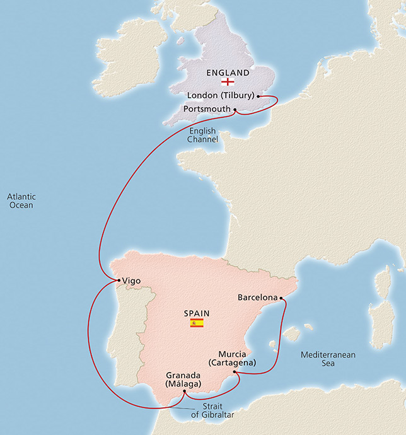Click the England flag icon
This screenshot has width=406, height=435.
(228, 82)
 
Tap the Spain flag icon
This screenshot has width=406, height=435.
(197, 323)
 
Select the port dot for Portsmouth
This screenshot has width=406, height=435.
(235, 110)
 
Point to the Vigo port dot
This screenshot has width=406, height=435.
(117, 280)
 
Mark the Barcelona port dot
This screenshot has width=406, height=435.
(281, 298)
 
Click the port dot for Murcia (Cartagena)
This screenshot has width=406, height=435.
(235, 372)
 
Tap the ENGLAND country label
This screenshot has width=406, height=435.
(228, 72)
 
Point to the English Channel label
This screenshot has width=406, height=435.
(202, 135)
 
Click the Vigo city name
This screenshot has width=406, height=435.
(132, 281)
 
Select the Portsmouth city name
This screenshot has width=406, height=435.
(206, 109)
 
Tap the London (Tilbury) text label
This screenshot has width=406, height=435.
(221, 96)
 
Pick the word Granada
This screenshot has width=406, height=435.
(182, 374)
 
